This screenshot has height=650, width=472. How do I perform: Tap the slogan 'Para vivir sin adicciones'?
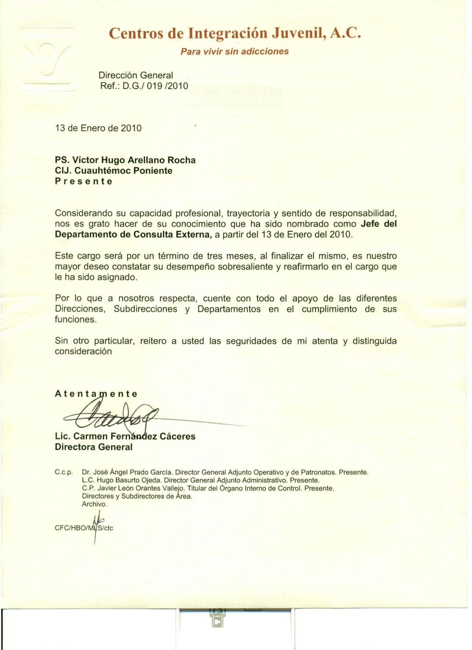(x=235, y=51)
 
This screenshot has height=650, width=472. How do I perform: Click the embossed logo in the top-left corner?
(x=48, y=59)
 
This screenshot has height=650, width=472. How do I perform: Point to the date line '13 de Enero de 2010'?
(x=98, y=128)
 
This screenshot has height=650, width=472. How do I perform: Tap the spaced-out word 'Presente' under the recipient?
(x=83, y=181)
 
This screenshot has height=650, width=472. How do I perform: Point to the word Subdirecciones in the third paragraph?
(x=145, y=309)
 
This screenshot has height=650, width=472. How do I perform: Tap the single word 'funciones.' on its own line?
(x=76, y=320)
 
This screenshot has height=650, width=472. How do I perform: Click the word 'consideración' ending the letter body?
(x=83, y=351)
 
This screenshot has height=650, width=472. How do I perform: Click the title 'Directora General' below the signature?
(x=93, y=447)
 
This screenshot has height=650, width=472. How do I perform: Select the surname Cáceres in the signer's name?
(x=178, y=437)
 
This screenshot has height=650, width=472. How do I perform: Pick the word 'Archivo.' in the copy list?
(x=94, y=504)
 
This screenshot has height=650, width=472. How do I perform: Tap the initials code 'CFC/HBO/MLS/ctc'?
(x=84, y=528)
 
